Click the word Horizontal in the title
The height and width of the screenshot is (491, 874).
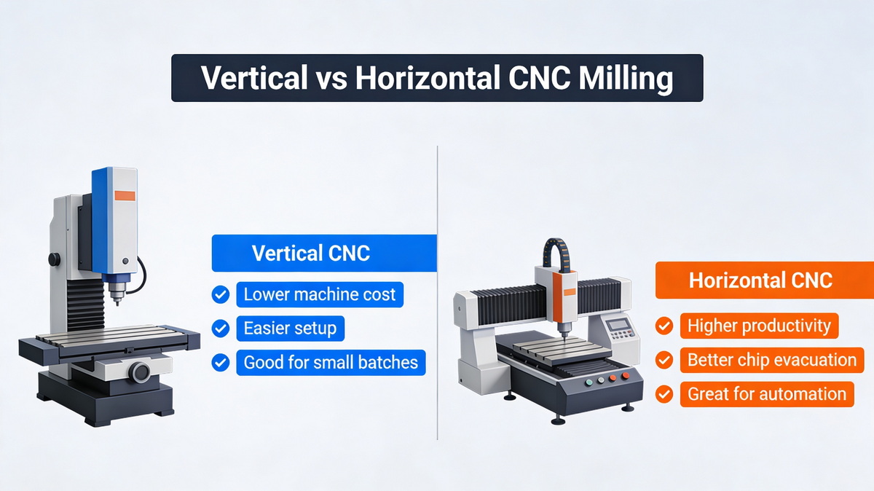pyautogui.click(x=425, y=78)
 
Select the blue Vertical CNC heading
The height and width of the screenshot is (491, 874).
pyautogui.click(x=311, y=254)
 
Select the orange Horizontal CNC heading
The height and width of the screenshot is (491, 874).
pyautogui.click(x=760, y=280)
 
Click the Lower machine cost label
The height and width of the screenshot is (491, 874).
pyautogui.click(x=319, y=295)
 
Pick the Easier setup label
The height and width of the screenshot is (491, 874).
pyautogui.click(x=290, y=329)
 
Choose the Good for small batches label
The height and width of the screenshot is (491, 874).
pyautogui.click(x=331, y=363)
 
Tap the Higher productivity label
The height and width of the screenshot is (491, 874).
pyautogui.click(x=759, y=326)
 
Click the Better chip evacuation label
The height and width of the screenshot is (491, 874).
pyautogui.click(x=772, y=360)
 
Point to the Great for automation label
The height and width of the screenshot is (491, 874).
pyautogui.click(x=766, y=394)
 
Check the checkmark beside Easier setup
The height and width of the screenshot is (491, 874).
pyautogui.click(x=220, y=329)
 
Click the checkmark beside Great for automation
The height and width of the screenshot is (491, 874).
pyautogui.click(x=664, y=394)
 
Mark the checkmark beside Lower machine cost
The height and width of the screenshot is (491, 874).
pyautogui.click(x=220, y=295)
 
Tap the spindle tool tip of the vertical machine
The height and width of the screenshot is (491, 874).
pyautogui.click(x=114, y=300)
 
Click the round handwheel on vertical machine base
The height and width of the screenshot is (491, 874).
pyautogui.click(x=140, y=372)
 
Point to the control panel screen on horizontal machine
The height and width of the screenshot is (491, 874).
pyautogui.click(x=619, y=325)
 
